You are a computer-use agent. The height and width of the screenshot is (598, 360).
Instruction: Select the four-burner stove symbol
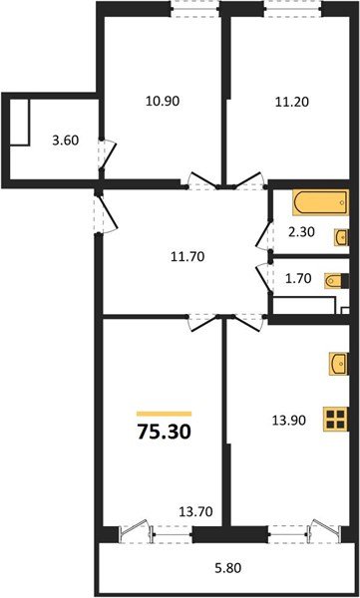336,420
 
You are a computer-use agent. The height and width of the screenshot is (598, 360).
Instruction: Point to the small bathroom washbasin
341,237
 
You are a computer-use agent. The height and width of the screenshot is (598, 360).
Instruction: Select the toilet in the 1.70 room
336,284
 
